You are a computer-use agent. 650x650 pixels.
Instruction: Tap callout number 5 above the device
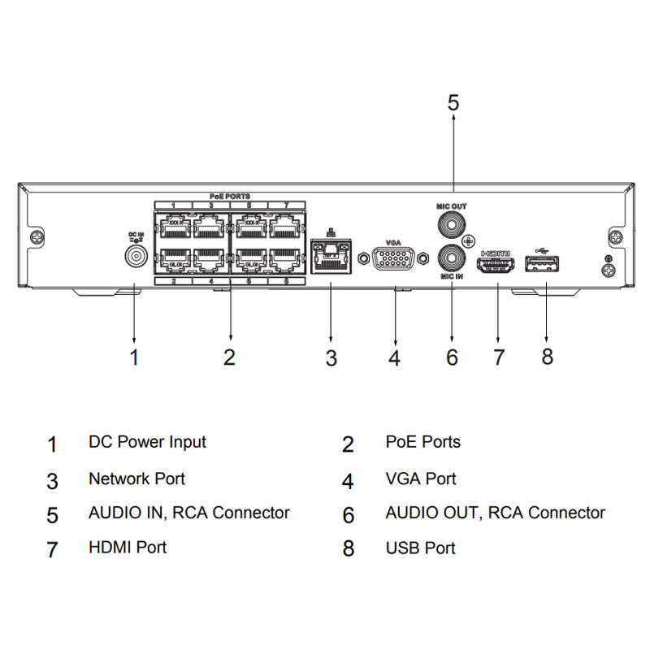point(453,103)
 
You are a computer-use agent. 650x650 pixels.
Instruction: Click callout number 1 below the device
point(135,357)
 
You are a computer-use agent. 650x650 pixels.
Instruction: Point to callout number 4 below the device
point(394,357)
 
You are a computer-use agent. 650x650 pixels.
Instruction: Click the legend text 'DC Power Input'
point(147,442)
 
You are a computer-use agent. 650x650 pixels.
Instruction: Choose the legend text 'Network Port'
point(136,479)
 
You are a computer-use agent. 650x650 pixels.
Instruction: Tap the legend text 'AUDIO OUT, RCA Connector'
point(495,513)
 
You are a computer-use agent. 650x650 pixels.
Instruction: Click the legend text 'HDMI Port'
point(128,547)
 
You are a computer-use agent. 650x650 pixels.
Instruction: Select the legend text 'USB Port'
point(420,548)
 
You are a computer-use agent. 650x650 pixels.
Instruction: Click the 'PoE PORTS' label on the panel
point(230,197)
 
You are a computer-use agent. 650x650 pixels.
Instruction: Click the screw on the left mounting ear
point(37,239)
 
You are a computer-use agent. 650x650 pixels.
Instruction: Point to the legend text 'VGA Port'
point(420,479)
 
